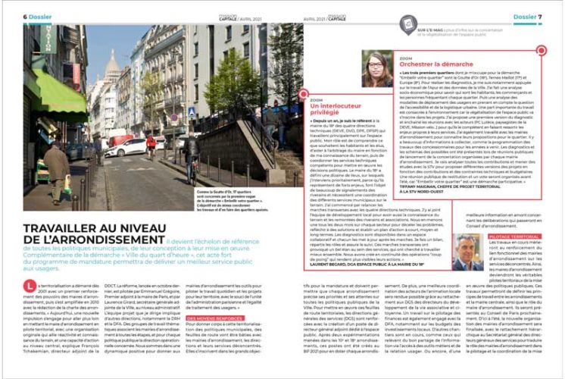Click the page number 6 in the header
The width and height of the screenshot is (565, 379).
tap(25, 16)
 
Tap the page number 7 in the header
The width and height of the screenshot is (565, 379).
tap(540, 16)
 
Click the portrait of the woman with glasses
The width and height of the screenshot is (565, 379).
tap(379, 69)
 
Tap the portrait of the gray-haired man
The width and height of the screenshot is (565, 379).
tap(468, 246)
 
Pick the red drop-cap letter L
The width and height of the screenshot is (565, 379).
tap(28, 283)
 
